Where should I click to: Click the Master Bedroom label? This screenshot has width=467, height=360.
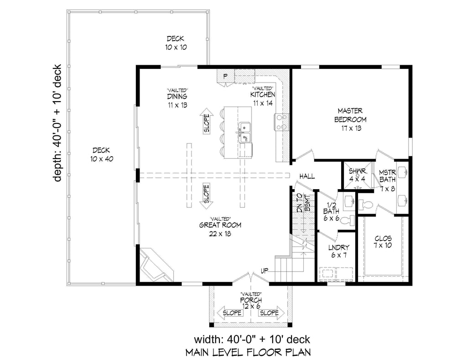pyautogui.click(x=350, y=119)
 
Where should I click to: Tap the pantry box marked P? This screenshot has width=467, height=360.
pyautogui.click(x=225, y=76)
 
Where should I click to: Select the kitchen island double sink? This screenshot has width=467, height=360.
pyautogui.click(x=245, y=132)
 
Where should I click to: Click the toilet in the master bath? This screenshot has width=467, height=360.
pyautogui.click(x=366, y=205)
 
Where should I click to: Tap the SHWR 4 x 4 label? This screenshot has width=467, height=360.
pyautogui.click(x=358, y=175)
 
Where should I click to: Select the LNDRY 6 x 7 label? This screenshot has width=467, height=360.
pyautogui.click(x=339, y=251)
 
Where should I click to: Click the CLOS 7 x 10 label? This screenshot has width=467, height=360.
pyautogui.click(x=383, y=242)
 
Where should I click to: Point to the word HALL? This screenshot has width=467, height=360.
pyautogui.click(x=307, y=176)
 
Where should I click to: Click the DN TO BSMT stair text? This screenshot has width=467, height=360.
pyautogui.click(x=304, y=203)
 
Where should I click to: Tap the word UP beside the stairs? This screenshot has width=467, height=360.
pyautogui.click(x=265, y=271)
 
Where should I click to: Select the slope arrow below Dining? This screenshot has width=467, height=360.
pyautogui.click(x=207, y=121)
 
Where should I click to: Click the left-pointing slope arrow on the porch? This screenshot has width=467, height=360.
pyautogui.click(x=230, y=313)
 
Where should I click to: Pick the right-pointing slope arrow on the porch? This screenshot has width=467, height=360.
pyautogui.click(x=271, y=313)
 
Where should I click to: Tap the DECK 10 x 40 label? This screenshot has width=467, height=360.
pyautogui.click(x=102, y=154)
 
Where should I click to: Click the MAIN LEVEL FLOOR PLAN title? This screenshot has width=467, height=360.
pyautogui.click(x=248, y=353)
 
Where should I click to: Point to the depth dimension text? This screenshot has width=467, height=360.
pyautogui.click(x=57, y=123)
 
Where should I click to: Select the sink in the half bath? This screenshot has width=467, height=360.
pyautogui.click(x=349, y=201)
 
